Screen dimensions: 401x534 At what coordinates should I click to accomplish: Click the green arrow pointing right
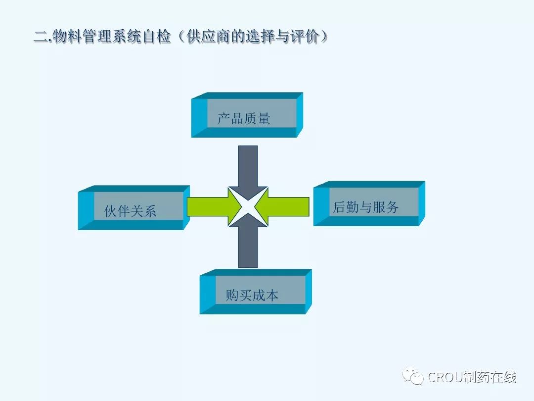pyautogui.click(x=208, y=206)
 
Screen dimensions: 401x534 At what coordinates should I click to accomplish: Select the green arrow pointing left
pyautogui.click(x=287, y=206)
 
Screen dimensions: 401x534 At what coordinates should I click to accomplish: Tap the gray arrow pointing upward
pyautogui.click(x=248, y=248)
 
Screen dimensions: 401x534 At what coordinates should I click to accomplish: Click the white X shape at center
pyautogui.click(x=248, y=206)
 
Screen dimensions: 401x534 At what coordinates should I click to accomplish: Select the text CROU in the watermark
pyautogui.click(x=444, y=378)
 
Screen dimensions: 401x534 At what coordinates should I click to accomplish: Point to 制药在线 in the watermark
pyautogui.click(x=489, y=378)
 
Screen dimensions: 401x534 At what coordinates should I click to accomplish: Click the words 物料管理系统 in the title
pyautogui.click(x=99, y=37)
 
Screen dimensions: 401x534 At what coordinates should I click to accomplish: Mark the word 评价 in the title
pyautogui.click(x=306, y=37)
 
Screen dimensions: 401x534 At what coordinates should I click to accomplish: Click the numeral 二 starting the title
pyautogui.click(x=40, y=37)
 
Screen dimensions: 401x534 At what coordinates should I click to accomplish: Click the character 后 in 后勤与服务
pyautogui.click(x=340, y=207)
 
